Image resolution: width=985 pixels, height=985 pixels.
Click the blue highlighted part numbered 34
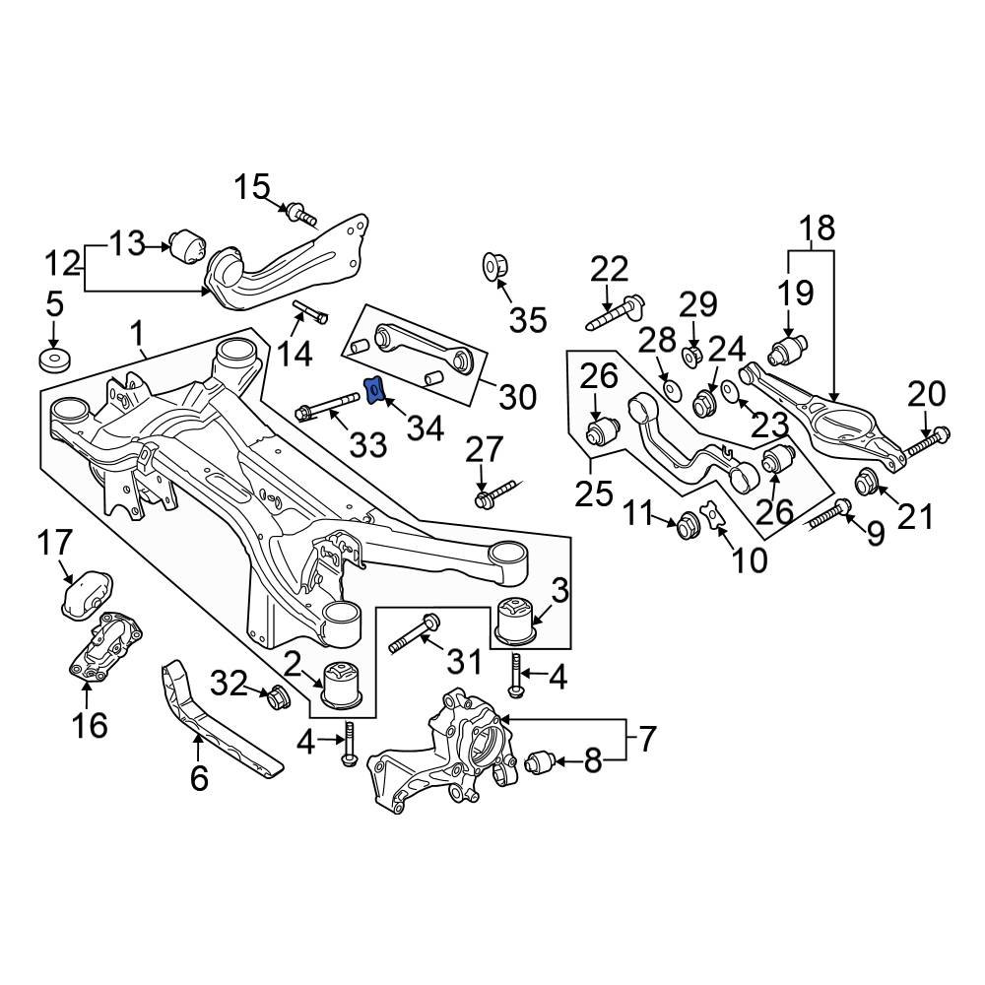374,391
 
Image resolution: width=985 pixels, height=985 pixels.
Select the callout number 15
251,186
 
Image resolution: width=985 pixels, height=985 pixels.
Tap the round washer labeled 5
54,359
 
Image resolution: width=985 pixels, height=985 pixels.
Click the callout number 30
516,396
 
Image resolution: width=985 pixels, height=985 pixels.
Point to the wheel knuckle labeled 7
443,754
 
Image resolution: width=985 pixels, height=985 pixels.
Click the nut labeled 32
278,697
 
